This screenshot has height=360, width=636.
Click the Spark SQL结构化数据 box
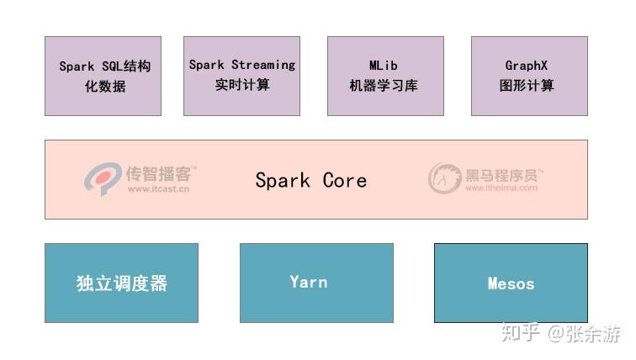click(x=103, y=76)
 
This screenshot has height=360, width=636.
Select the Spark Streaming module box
click(x=241, y=76)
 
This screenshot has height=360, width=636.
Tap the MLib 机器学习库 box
click(x=384, y=76)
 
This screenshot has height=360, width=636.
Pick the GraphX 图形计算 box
click(x=529, y=76)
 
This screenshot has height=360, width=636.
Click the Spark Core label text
click(x=310, y=180)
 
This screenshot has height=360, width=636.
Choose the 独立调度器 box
click(x=121, y=283)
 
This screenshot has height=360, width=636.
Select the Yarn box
click(x=316, y=283)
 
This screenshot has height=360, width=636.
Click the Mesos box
click(x=511, y=283)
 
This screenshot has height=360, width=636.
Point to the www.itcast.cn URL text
click(x=158, y=189)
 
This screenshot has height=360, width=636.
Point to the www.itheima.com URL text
click(x=501, y=188)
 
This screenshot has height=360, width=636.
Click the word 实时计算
click(x=241, y=84)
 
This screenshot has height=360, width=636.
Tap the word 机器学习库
click(x=384, y=86)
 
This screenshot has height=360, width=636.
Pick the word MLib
click(x=384, y=65)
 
